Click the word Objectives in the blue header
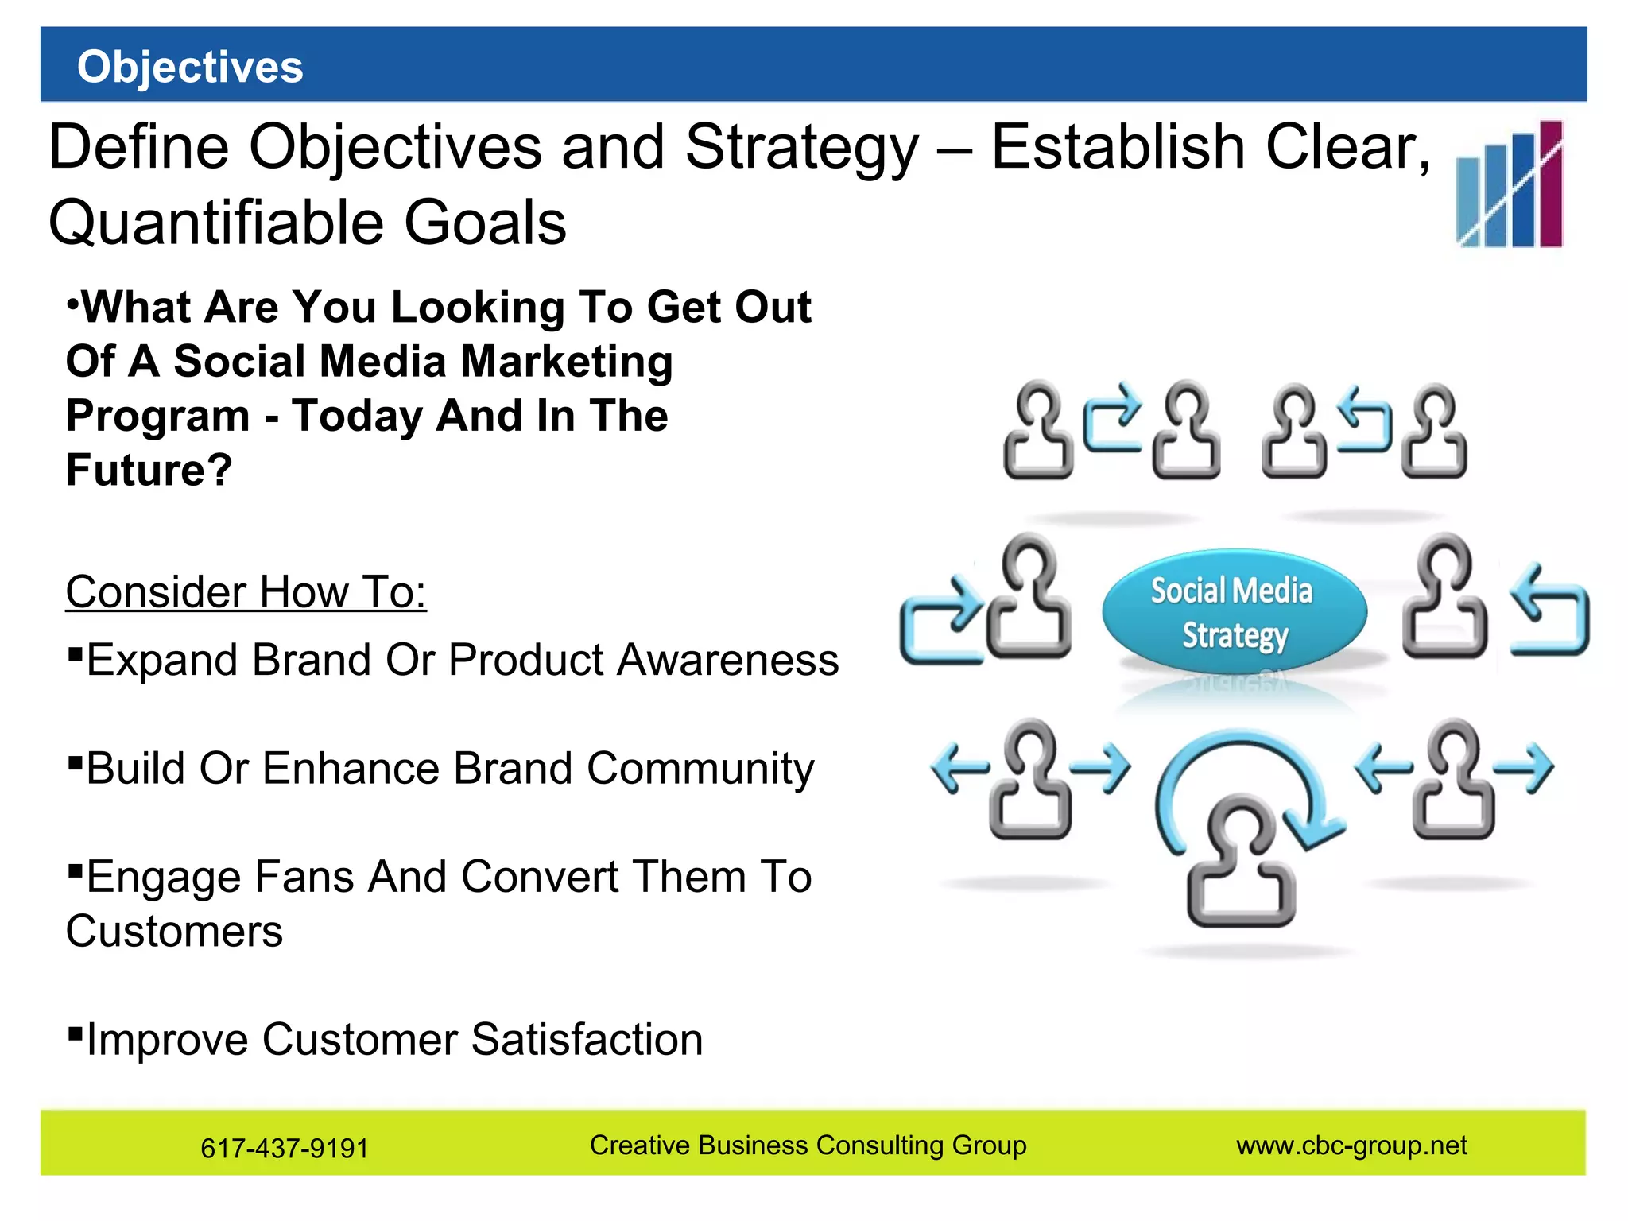point(190,67)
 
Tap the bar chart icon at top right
point(1509,184)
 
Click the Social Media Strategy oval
point(1233,610)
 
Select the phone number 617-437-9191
point(284,1148)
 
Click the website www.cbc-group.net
point(1351,1145)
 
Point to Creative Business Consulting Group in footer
point(808,1145)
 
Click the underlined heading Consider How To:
point(246,592)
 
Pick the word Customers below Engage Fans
point(174,932)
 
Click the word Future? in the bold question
point(149,470)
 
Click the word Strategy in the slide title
point(800,148)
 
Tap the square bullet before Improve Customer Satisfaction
point(76,1033)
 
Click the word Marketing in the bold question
point(567,362)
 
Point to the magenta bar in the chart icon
point(1550,184)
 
